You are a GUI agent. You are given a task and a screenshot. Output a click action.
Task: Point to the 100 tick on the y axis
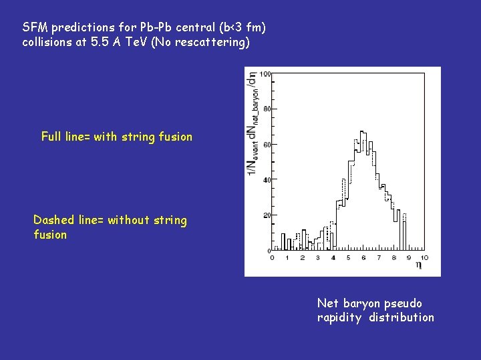tap(265, 74)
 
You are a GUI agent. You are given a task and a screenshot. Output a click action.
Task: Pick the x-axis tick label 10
tap(425, 257)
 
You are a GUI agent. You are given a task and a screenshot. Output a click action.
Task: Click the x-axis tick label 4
tap(333, 257)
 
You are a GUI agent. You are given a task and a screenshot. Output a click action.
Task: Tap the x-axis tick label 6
tap(363, 257)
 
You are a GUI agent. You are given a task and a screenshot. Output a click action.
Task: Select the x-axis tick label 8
tap(394, 257)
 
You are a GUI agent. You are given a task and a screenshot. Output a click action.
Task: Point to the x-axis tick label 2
tap(302, 257)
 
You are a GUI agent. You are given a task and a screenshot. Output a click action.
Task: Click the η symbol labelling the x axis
tap(419, 265)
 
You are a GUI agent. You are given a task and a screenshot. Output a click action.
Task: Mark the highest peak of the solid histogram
tap(362, 132)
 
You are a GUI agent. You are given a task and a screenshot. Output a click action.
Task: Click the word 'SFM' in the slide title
tap(35, 28)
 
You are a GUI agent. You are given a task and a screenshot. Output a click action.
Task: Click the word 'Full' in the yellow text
tap(51, 137)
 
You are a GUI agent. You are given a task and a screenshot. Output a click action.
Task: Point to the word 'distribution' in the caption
tap(402, 317)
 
